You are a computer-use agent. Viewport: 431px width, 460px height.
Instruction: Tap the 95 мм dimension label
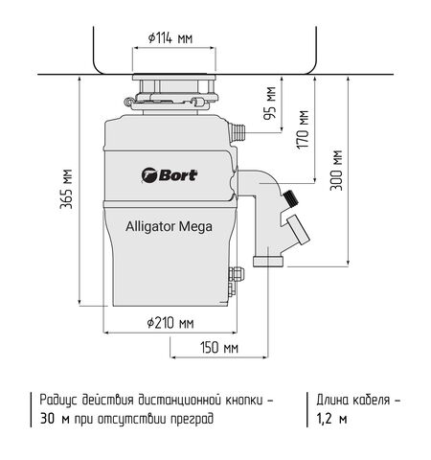pyautogui.click(x=272, y=100)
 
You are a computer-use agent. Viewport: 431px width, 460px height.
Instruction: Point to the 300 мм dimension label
pyautogui.click(x=335, y=171)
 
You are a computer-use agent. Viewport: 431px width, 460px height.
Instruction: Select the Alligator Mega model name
pyautogui.click(x=169, y=227)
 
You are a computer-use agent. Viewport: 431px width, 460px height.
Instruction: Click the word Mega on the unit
pyautogui.click(x=194, y=227)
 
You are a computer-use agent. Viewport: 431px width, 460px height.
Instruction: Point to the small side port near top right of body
pyautogui.click(x=240, y=127)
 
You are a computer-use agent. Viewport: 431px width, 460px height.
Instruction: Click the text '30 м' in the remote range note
pyautogui.click(x=55, y=419)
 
